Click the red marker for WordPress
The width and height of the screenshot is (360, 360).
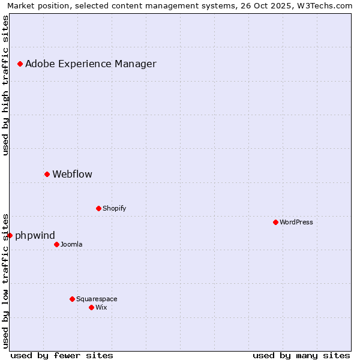275,222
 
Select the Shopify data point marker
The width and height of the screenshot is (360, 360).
98,208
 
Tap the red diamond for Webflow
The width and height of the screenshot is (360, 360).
47,174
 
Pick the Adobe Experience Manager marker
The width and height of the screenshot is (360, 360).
20,64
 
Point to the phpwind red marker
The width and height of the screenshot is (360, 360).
10,235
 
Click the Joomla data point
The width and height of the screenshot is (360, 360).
56,244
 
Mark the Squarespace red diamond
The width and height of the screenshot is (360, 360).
72,299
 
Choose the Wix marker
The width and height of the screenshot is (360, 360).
91,307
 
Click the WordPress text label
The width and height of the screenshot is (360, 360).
296,222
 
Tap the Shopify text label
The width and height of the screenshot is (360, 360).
114,208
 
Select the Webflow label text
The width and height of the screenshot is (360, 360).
73,175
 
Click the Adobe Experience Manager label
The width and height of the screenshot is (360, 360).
91,64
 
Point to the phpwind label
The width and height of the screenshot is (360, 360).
35,236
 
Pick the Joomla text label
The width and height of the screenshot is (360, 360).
71,244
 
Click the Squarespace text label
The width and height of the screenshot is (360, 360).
97,299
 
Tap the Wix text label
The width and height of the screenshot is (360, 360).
101,307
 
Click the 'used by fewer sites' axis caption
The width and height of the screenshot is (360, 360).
62,355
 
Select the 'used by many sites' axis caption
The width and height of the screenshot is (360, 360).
301,355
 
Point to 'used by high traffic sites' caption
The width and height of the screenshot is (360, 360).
6,85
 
